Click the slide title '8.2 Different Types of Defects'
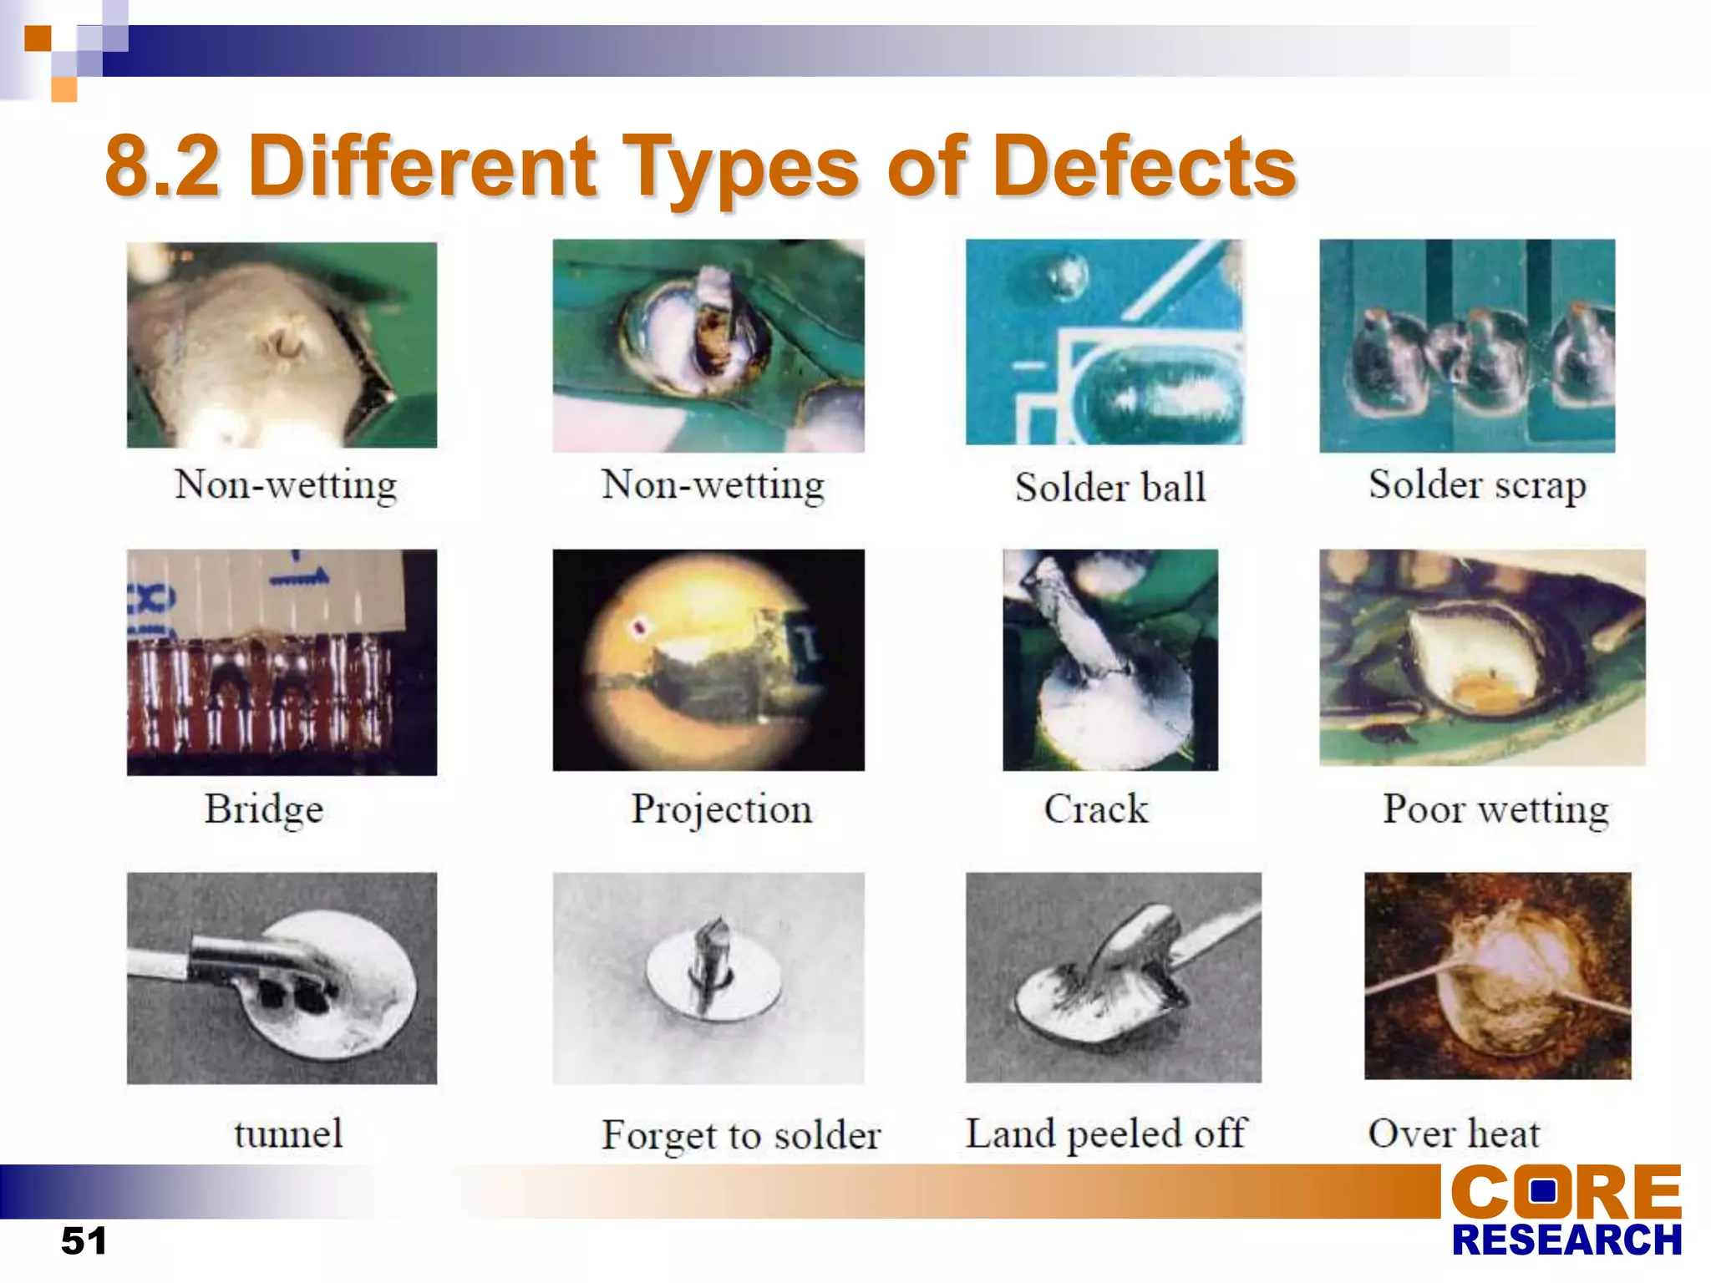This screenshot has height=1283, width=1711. (x=700, y=167)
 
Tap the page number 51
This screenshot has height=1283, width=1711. (x=84, y=1240)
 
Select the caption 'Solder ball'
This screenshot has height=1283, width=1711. (x=1110, y=487)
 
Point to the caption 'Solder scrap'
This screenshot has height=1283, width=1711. (x=1476, y=485)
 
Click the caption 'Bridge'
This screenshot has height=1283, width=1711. (x=264, y=809)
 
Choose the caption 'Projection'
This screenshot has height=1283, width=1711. (x=721, y=809)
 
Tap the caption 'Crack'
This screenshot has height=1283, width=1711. (x=1096, y=809)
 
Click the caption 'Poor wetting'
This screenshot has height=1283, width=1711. (x=1495, y=809)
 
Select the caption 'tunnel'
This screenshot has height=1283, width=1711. (x=288, y=1133)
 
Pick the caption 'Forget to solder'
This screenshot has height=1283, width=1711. (x=741, y=1135)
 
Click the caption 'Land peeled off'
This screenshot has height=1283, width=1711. (x=1106, y=1133)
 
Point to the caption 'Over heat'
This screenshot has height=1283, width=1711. (x=1454, y=1133)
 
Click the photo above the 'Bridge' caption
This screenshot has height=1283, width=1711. (x=282, y=662)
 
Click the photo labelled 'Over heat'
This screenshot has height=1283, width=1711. (x=1497, y=976)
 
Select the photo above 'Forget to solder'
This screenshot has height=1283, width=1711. (x=708, y=977)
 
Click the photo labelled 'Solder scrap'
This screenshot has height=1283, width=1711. (x=1467, y=346)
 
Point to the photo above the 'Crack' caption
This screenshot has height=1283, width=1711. (x=1110, y=660)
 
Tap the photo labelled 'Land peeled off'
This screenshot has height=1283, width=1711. (x=1113, y=977)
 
